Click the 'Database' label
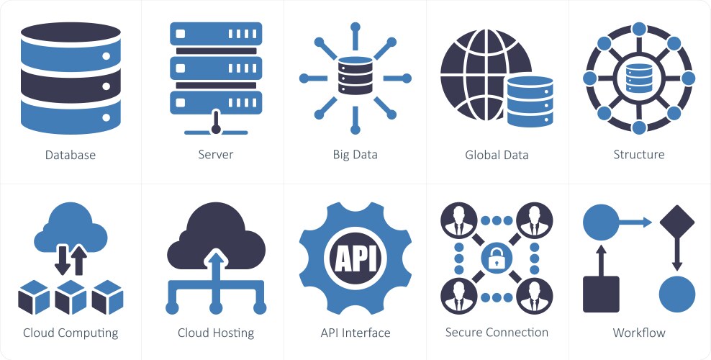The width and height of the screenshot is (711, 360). [x=70, y=155]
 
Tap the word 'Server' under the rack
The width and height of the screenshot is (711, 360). [x=216, y=155]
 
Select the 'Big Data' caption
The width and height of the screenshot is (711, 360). [x=355, y=155]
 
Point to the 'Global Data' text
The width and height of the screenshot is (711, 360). [x=497, y=155]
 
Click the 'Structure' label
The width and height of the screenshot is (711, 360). [x=639, y=154]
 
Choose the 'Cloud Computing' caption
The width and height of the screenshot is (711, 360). [x=71, y=333]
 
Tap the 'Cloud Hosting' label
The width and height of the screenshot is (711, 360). [x=216, y=333]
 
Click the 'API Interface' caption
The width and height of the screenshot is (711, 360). [x=355, y=333]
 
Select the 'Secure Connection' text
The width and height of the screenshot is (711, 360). [x=497, y=332]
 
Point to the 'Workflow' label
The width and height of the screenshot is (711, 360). [x=639, y=333]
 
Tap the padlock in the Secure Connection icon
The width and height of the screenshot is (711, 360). [x=497, y=257]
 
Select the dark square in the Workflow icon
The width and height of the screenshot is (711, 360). [x=601, y=294]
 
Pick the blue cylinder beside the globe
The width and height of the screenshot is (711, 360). [x=530, y=100]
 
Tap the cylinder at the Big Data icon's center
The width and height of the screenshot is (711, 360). [x=355, y=78]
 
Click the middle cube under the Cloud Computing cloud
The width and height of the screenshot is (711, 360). [x=71, y=297]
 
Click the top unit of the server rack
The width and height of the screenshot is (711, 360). [x=216, y=35]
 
